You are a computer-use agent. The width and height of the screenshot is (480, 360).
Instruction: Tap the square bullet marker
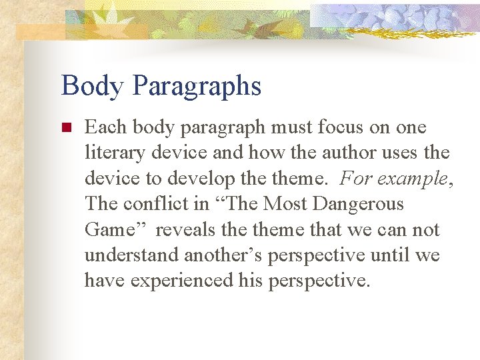(x=65, y=127)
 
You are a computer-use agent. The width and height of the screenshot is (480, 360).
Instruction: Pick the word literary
(x=109, y=153)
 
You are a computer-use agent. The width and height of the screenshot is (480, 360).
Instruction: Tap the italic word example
(x=419, y=179)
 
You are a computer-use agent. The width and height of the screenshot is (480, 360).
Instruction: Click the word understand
(x=131, y=255)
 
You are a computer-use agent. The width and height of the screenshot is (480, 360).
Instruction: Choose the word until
(x=391, y=255)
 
